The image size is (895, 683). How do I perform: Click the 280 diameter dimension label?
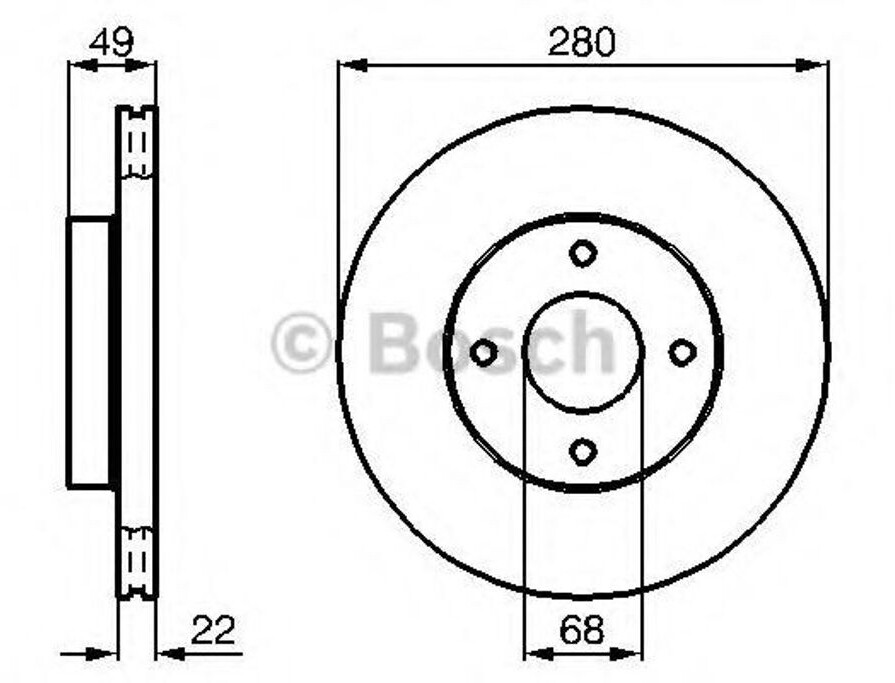tap(581, 42)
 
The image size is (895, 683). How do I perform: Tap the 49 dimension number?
tap(112, 42)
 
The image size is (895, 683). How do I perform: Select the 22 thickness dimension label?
tap(213, 629)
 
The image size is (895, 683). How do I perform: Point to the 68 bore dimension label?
tap(582, 629)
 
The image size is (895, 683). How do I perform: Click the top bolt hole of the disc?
tap(582, 253)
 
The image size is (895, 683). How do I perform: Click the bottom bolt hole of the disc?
tap(582, 451)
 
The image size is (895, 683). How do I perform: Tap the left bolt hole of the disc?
tap(483, 353)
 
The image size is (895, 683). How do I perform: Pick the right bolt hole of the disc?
tap(682, 352)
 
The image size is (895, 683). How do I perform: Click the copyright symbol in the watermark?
tap(301, 342)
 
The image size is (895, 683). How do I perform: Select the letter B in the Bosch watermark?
tap(396, 342)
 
